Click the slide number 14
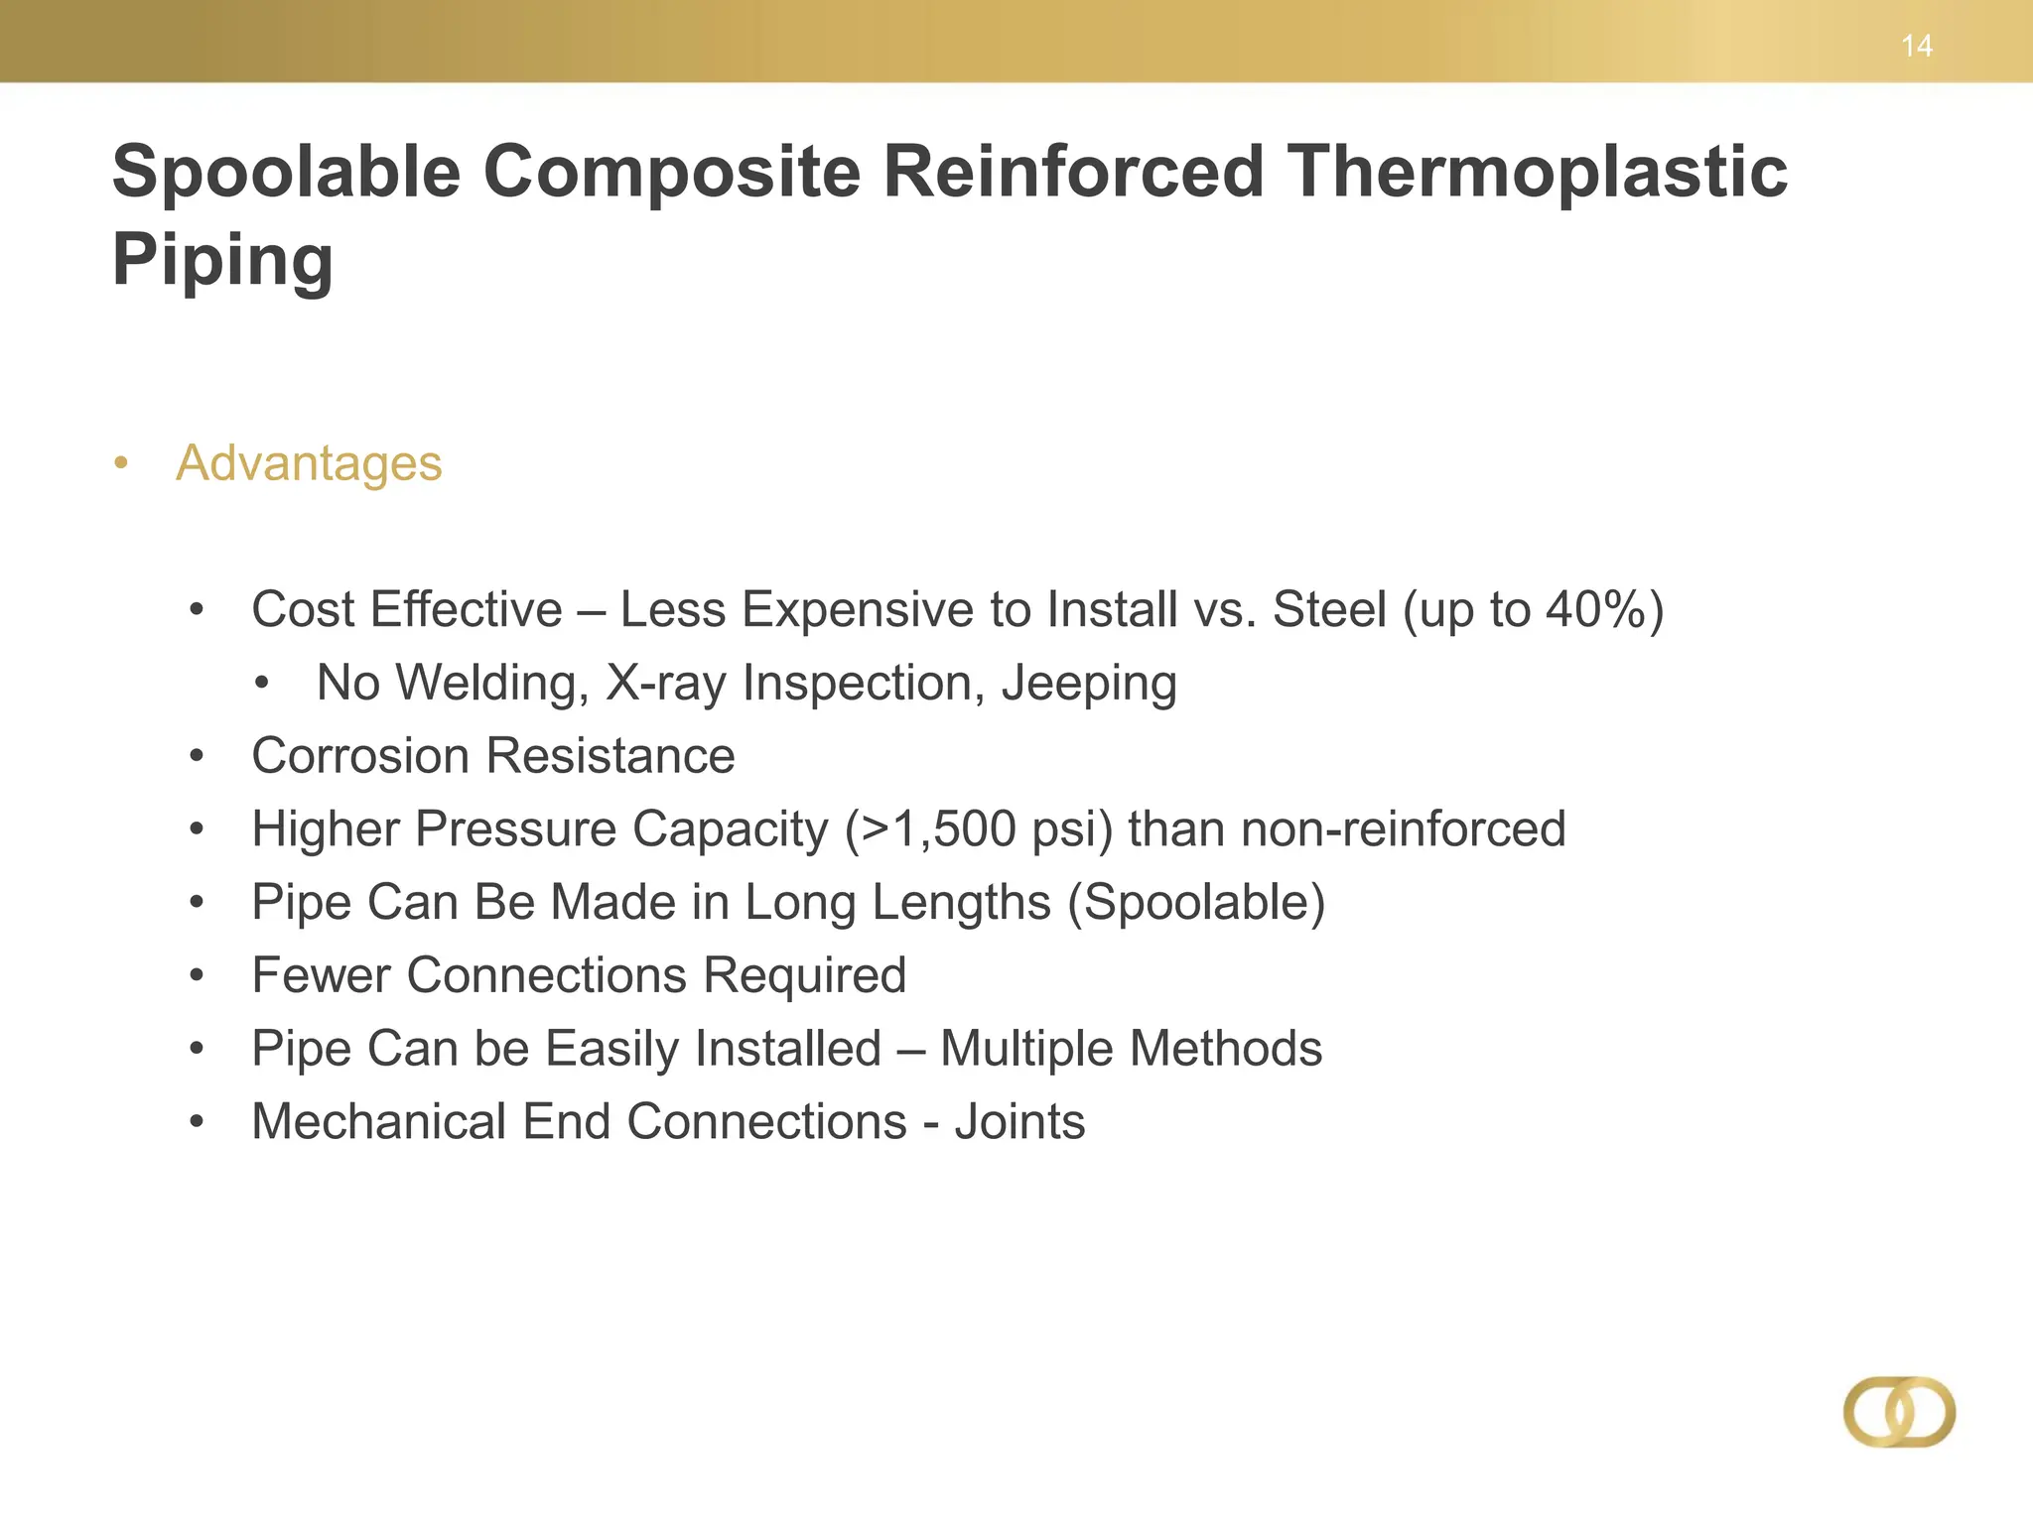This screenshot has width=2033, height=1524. (x=1916, y=46)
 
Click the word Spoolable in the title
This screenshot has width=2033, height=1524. (x=287, y=173)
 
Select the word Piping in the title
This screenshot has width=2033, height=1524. (x=222, y=260)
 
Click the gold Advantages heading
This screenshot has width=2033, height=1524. (x=309, y=463)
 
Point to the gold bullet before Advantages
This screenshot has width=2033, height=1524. (x=121, y=463)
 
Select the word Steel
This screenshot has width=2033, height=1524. (x=1329, y=609)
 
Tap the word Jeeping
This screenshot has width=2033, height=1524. (x=1089, y=684)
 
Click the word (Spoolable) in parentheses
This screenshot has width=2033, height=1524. (x=1196, y=903)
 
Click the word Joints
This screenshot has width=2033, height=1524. (x=1019, y=1122)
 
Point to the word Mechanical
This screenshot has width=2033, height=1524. (x=379, y=1122)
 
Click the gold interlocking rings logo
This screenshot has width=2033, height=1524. (x=1899, y=1412)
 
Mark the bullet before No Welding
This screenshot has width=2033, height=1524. (x=261, y=684)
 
